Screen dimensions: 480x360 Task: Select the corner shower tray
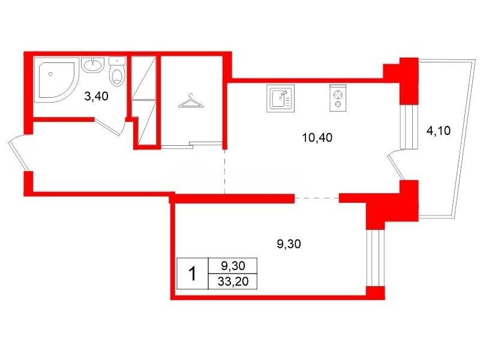(x=56, y=79)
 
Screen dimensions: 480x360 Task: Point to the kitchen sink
(x=280, y=98)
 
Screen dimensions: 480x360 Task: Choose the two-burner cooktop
(x=338, y=98)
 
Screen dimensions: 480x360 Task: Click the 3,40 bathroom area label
(x=96, y=97)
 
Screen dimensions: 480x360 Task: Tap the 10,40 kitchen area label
(x=317, y=138)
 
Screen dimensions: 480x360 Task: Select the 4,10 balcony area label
(x=439, y=131)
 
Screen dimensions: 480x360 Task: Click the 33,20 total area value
(x=233, y=281)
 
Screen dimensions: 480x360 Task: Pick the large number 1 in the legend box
(x=192, y=274)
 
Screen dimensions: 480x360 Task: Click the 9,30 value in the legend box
(x=233, y=266)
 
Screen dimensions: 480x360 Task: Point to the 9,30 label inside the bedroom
(x=289, y=244)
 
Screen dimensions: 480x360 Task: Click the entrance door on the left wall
(x=19, y=152)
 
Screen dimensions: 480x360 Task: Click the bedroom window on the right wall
(x=374, y=257)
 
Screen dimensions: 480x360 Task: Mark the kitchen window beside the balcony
(x=409, y=127)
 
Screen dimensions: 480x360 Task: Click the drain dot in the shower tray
(x=50, y=74)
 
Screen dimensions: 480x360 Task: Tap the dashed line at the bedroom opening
(x=317, y=199)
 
